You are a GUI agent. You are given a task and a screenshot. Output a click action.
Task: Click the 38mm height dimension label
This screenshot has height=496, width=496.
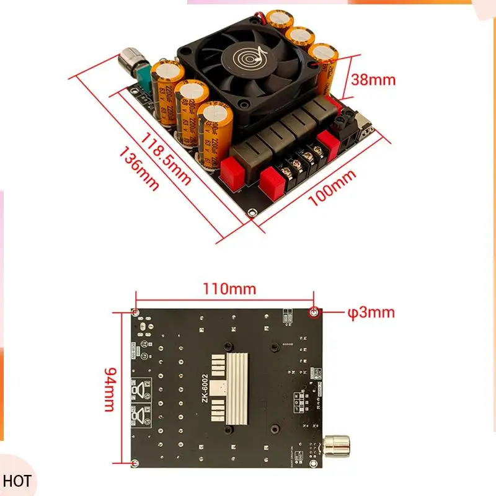373,79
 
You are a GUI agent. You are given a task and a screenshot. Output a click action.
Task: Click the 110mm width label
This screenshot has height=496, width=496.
229,289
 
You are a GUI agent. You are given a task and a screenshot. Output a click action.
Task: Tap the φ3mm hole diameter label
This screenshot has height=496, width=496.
370,312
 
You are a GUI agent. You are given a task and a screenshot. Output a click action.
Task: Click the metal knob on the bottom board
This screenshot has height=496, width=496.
337,446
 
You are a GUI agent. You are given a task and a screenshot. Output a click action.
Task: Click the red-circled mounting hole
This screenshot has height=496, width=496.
314,312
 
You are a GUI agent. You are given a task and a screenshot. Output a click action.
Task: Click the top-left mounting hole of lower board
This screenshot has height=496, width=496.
136,312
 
